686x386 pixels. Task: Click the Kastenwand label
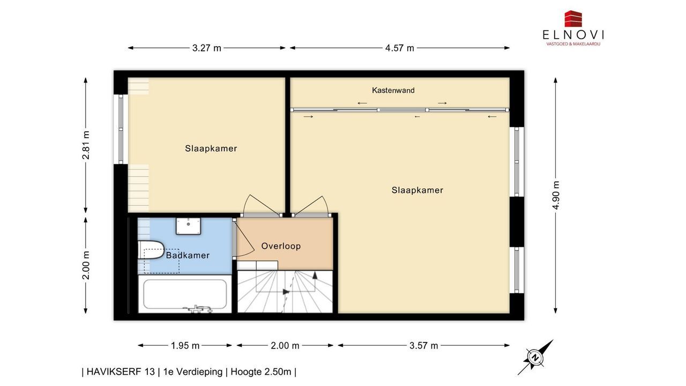(393, 91)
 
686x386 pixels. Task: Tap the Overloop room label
(281, 246)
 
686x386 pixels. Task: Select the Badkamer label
(188, 255)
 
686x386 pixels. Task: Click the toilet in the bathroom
(151, 250)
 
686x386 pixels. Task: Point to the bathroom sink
(188, 226)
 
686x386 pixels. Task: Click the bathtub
(185, 294)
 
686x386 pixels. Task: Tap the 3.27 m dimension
(207, 48)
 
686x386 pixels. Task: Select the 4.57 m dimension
(400, 48)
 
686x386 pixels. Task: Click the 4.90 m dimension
(556, 195)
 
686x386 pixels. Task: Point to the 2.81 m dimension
(86, 145)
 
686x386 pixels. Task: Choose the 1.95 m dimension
(185, 346)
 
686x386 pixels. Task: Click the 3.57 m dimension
(424, 346)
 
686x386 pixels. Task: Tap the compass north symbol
(535, 358)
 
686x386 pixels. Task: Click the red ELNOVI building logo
(573, 19)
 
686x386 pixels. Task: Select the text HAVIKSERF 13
(121, 372)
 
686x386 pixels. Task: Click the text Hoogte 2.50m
(261, 372)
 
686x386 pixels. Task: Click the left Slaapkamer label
(211, 149)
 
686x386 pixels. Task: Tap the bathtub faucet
(198, 308)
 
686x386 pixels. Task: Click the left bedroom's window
(121, 129)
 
